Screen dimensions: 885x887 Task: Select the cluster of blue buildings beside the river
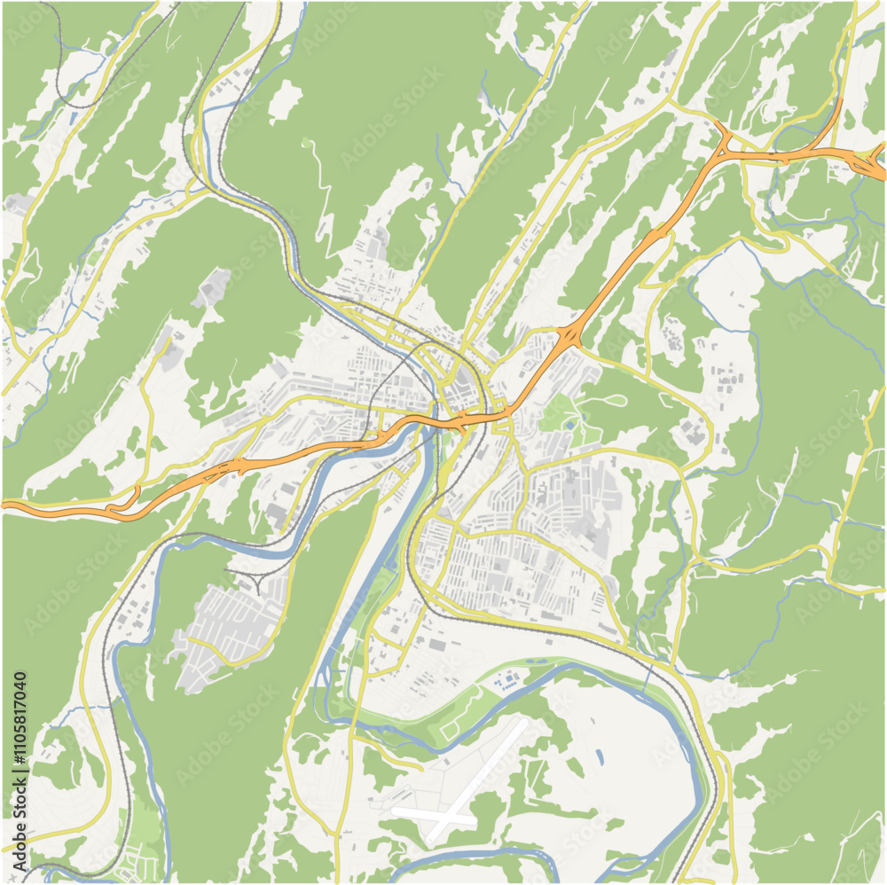[x=506, y=682]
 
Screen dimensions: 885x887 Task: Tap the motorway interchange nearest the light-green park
[x=568, y=338]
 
